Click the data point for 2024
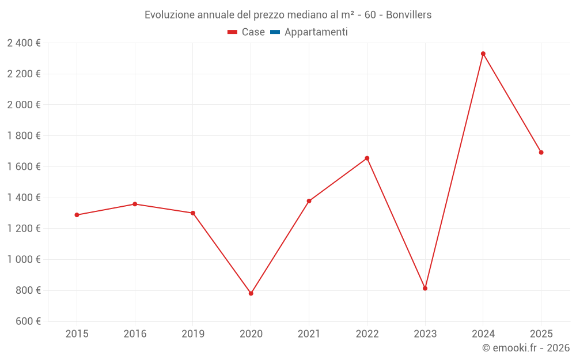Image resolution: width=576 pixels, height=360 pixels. click(483, 54)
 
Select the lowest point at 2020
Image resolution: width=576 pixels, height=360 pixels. click(251, 293)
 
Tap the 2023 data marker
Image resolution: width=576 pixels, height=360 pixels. click(425, 288)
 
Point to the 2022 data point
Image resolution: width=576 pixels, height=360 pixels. click(367, 158)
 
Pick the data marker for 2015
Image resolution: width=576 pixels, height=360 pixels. click(77, 215)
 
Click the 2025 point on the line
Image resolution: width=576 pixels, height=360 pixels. click(541, 153)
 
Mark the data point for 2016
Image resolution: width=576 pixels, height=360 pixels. click(135, 204)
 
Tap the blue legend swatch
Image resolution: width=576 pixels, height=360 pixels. click(275, 32)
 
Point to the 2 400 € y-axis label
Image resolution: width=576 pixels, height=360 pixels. click(24, 43)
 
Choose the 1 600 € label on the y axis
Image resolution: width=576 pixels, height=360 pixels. click(24, 167)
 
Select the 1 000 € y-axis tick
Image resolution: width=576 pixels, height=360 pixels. click(24, 260)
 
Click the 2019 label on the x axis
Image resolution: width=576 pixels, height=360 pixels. click(193, 334)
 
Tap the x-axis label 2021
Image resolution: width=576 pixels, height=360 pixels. click(309, 334)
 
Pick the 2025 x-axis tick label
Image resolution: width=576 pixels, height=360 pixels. click(541, 334)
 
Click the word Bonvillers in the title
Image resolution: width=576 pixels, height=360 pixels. click(408, 15)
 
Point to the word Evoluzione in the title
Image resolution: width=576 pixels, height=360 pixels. click(169, 15)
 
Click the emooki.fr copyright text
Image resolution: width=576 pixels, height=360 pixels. click(526, 348)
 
